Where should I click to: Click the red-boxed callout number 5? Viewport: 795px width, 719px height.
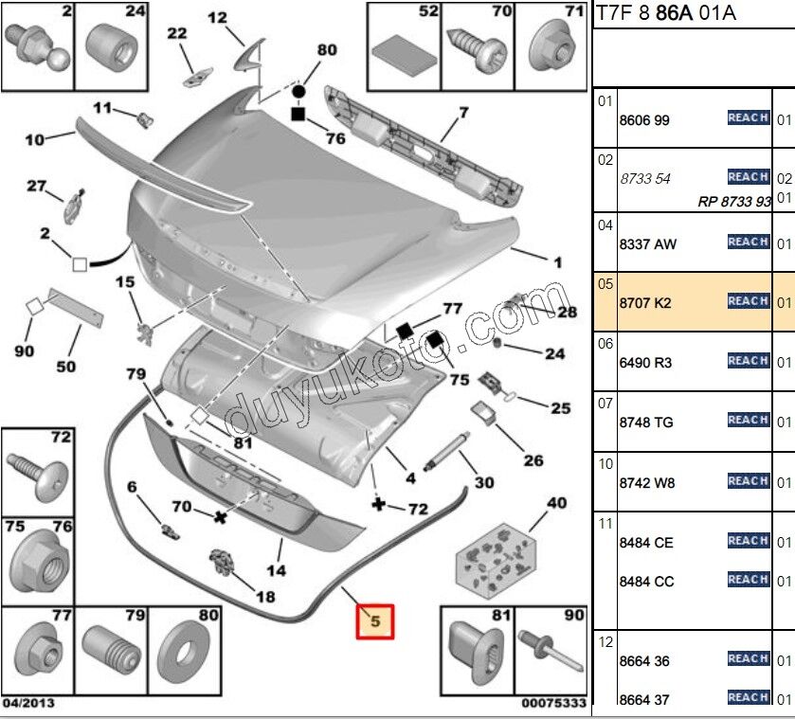374,622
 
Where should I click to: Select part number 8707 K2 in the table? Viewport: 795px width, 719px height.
645,303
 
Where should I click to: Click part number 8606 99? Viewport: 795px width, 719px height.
644,120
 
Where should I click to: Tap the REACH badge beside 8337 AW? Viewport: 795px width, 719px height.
748,243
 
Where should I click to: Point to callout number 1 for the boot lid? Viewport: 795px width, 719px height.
557,261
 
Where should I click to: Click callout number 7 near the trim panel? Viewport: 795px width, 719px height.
463,114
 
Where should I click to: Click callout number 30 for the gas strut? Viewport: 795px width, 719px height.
483,482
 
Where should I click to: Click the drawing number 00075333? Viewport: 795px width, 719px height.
553,704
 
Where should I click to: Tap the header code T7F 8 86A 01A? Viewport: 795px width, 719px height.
665,13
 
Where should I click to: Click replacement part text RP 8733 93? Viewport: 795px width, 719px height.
732,201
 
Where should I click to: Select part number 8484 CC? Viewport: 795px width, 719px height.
646,582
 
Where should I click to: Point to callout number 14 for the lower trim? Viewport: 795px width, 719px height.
276,570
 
